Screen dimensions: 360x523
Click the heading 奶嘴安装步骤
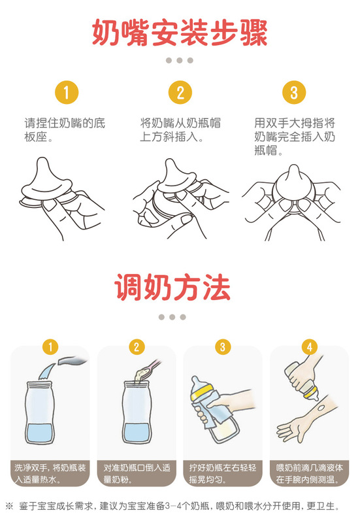[x=180, y=32]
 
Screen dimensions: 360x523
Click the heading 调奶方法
[x=172, y=287]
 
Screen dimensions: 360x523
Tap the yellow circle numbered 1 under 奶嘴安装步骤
[x=67, y=92]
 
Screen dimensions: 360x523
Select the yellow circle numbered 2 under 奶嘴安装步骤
[x=180, y=92]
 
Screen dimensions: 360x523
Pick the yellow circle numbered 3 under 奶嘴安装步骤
[x=294, y=92]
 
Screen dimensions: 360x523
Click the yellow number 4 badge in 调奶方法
[x=309, y=347]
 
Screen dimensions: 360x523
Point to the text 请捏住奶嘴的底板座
[x=65, y=129]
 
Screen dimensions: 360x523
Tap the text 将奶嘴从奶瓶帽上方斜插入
[x=180, y=129]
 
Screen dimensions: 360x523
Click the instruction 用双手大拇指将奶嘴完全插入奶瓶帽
[x=295, y=137]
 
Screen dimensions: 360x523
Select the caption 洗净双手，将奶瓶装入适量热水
[x=50, y=473]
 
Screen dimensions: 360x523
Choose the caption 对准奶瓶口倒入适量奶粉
[x=137, y=473]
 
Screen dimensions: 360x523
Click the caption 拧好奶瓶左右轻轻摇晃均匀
[x=223, y=473]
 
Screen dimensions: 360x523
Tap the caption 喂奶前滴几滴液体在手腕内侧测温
[x=309, y=473]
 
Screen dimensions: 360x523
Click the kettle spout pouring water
[x=73, y=361]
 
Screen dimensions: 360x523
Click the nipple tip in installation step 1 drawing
[x=42, y=161]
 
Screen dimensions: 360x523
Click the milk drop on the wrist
[x=321, y=407]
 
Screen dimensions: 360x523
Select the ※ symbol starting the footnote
[x=9, y=506]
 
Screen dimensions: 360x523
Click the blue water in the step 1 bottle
[x=40, y=433]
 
